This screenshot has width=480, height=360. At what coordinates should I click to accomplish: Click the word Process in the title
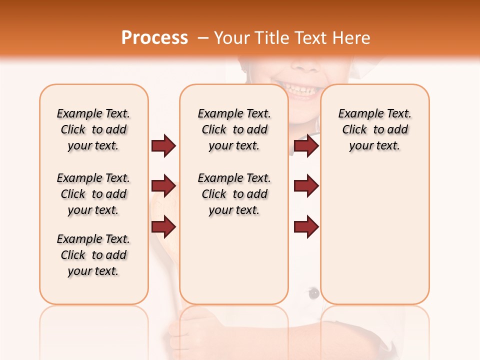click(x=154, y=38)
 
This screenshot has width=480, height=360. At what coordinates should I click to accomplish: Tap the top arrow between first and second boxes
click(x=163, y=146)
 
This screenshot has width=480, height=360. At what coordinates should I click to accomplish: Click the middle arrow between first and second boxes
click(x=163, y=186)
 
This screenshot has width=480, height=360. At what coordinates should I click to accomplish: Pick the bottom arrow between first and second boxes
click(x=163, y=227)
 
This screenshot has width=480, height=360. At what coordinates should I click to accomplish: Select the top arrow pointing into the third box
click(x=306, y=146)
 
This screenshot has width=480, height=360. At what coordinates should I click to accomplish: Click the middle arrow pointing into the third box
click(x=306, y=186)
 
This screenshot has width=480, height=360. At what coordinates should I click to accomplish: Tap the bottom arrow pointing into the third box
click(x=306, y=227)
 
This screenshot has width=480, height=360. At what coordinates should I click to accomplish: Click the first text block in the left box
click(x=93, y=129)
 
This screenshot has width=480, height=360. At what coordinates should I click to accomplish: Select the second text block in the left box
click(x=93, y=194)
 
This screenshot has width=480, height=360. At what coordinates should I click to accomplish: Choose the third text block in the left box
click(x=93, y=255)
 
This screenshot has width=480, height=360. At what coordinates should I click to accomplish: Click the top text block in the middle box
click(x=234, y=129)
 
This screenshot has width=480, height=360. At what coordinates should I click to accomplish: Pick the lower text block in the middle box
click(x=234, y=194)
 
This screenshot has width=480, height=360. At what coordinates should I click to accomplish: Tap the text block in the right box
click(x=374, y=129)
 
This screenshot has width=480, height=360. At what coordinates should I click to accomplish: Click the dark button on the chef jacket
click(x=313, y=293)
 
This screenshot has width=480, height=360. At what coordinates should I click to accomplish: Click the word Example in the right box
click(x=356, y=114)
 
